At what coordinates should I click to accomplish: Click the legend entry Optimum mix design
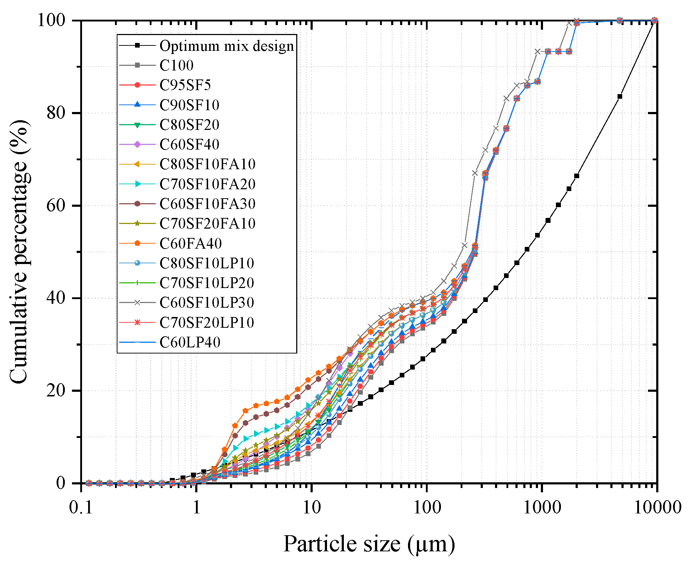pyautogui.click(x=226, y=46)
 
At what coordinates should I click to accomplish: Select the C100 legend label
pyautogui.click(x=176, y=65)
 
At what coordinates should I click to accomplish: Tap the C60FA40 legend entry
pyautogui.click(x=191, y=244)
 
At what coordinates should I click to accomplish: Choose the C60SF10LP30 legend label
pyautogui.click(x=207, y=303)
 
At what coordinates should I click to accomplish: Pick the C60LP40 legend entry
pyautogui.click(x=190, y=342)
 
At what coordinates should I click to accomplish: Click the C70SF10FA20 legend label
pyautogui.click(x=207, y=184)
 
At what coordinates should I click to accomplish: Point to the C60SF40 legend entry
pyautogui.click(x=189, y=145)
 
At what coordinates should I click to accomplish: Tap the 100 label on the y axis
pyautogui.click(x=52, y=20)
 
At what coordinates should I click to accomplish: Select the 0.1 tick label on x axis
pyautogui.click(x=81, y=507)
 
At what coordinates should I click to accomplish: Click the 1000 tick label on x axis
pyautogui.click(x=542, y=507)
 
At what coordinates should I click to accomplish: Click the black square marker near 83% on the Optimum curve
pyautogui.click(x=620, y=96)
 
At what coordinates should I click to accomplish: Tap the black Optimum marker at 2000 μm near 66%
pyautogui.click(x=577, y=176)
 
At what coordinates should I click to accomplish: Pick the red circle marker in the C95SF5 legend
pyautogui.click(x=137, y=85)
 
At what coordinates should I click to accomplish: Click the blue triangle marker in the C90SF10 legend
pyautogui.click(x=137, y=104)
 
